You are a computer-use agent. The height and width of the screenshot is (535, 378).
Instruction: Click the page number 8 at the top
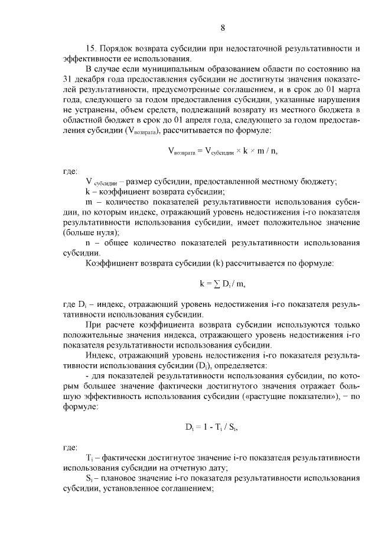coord(223,28)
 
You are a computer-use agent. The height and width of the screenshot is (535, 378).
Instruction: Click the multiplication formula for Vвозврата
coord(223,151)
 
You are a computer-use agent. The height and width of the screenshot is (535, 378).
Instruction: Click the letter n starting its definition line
coord(88,242)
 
